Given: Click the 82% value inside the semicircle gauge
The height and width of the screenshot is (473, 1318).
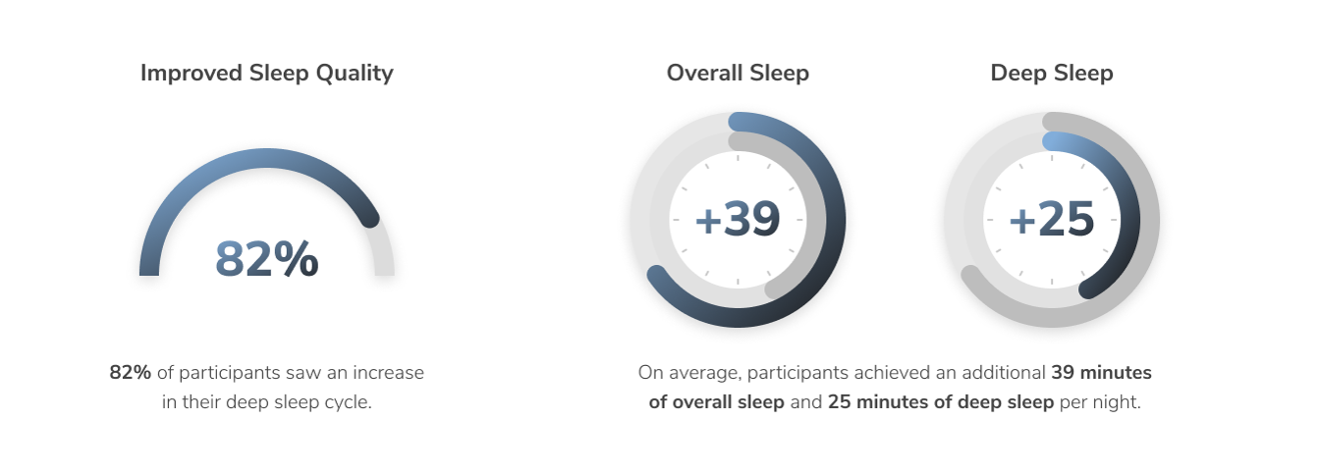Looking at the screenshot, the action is tap(266, 258).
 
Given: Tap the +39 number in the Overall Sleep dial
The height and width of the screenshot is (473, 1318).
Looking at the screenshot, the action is tap(738, 219).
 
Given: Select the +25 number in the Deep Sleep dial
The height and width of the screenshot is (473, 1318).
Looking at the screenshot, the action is tap(1052, 219).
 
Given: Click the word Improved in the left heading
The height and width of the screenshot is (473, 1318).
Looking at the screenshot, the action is tap(192, 74).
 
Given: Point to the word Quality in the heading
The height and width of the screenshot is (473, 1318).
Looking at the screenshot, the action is tap(355, 74).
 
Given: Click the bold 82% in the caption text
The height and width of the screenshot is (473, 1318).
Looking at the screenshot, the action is tap(130, 373).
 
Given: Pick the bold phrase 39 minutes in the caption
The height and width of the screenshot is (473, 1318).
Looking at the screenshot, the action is tap(1102, 373).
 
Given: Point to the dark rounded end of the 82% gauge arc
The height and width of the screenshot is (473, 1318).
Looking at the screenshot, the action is tap(370, 219).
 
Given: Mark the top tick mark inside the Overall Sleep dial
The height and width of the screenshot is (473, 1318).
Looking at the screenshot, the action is tap(738, 157).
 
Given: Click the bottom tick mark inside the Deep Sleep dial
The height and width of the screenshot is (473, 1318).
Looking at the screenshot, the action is tap(1052, 282).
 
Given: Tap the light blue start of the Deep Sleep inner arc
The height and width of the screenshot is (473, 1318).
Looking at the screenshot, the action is tap(1052, 141).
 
